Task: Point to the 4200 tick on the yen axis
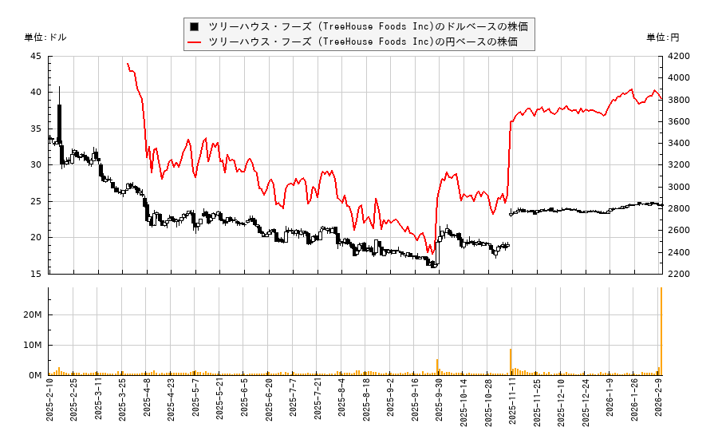[x=677, y=57]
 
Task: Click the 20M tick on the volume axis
[x=33, y=315]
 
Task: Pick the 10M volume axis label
[x=33, y=346]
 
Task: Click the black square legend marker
[x=195, y=26]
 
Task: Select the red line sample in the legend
[x=195, y=42]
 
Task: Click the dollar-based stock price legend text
[x=368, y=26]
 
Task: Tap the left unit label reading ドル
[x=45, y=38]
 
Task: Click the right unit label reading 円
[x=663, y=38]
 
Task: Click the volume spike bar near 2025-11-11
[x=511, y=362]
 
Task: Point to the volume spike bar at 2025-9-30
[x=437, y=367]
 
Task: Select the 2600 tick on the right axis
[x=677, y=231]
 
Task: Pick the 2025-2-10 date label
[x=49, y=404]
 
